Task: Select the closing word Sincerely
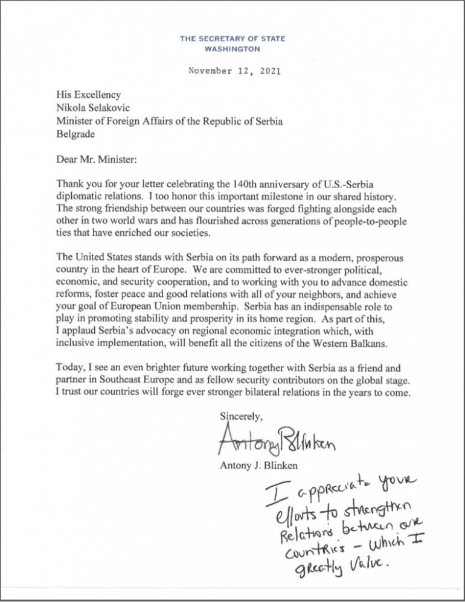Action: coord(240,416)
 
